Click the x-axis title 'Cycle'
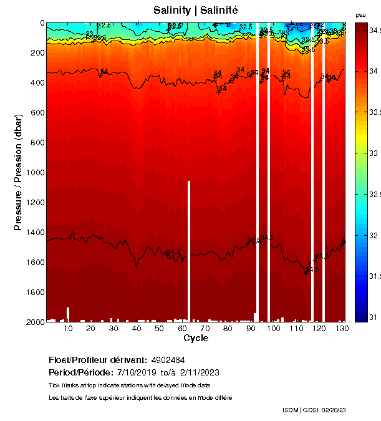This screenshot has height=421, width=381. coord(196,338)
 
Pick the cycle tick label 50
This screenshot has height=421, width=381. coord(159,328)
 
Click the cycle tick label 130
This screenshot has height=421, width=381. coord(341,328)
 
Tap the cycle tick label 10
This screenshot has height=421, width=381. coord(68,328)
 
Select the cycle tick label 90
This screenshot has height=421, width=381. coord(250,328)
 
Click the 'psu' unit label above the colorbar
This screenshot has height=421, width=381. coord(360,14)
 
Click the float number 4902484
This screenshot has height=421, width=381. coord(168,360)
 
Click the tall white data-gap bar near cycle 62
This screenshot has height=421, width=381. coord(188,249)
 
